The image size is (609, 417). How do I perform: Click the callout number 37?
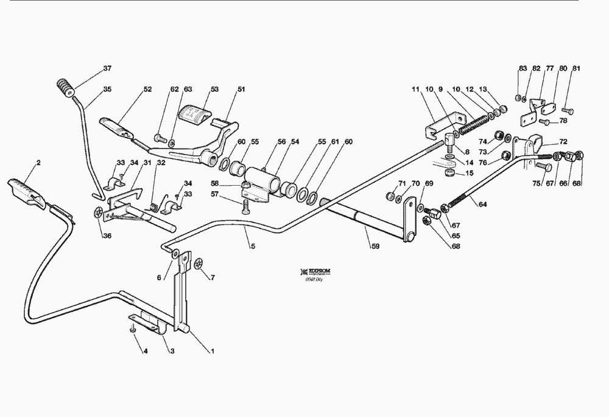point(107,68)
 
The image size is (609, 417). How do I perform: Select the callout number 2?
point(38,163)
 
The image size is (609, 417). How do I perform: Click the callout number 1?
point(212,351)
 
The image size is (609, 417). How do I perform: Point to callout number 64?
point(482,205)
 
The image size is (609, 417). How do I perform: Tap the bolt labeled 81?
point(568,111)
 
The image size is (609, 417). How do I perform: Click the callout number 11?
point(416,90)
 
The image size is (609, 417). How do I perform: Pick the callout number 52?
point(147,90)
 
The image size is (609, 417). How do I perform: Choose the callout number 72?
point(563,141)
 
